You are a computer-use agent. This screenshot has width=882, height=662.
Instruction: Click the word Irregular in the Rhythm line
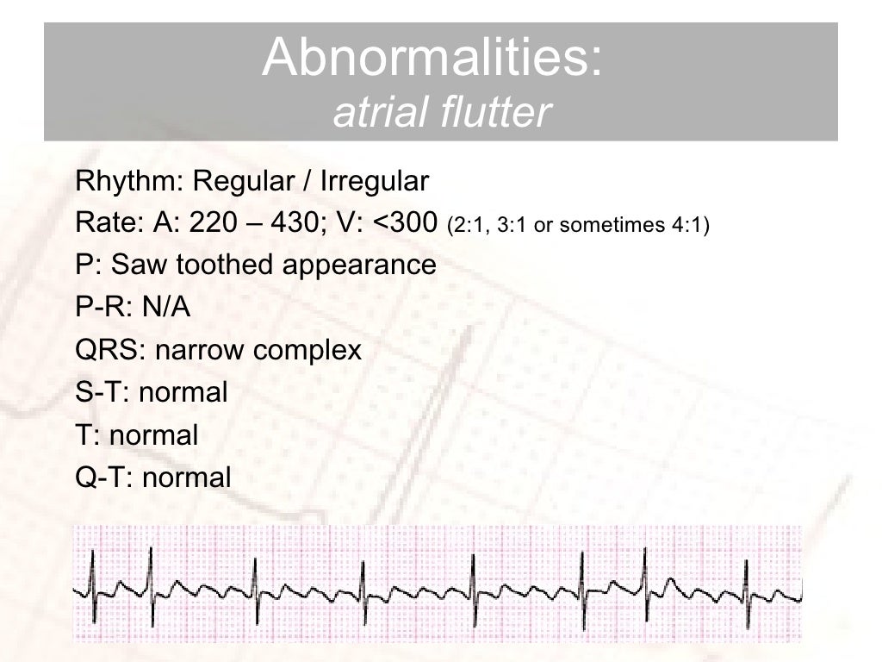[373, 182]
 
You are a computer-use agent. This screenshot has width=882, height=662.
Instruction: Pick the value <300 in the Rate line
[407, 224]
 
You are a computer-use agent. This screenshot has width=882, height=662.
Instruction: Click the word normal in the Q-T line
[187, 477]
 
